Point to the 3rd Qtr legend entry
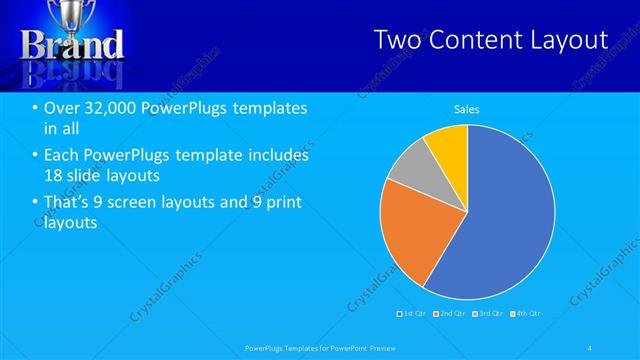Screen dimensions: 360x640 [x=488, y=314]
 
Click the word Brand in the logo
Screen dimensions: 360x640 [x=72, y=45]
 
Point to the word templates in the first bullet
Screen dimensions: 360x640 [x=266, y=108]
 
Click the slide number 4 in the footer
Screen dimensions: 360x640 [x=591, y=347]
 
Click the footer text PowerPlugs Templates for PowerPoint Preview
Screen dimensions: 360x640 [x=320, y=347]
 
